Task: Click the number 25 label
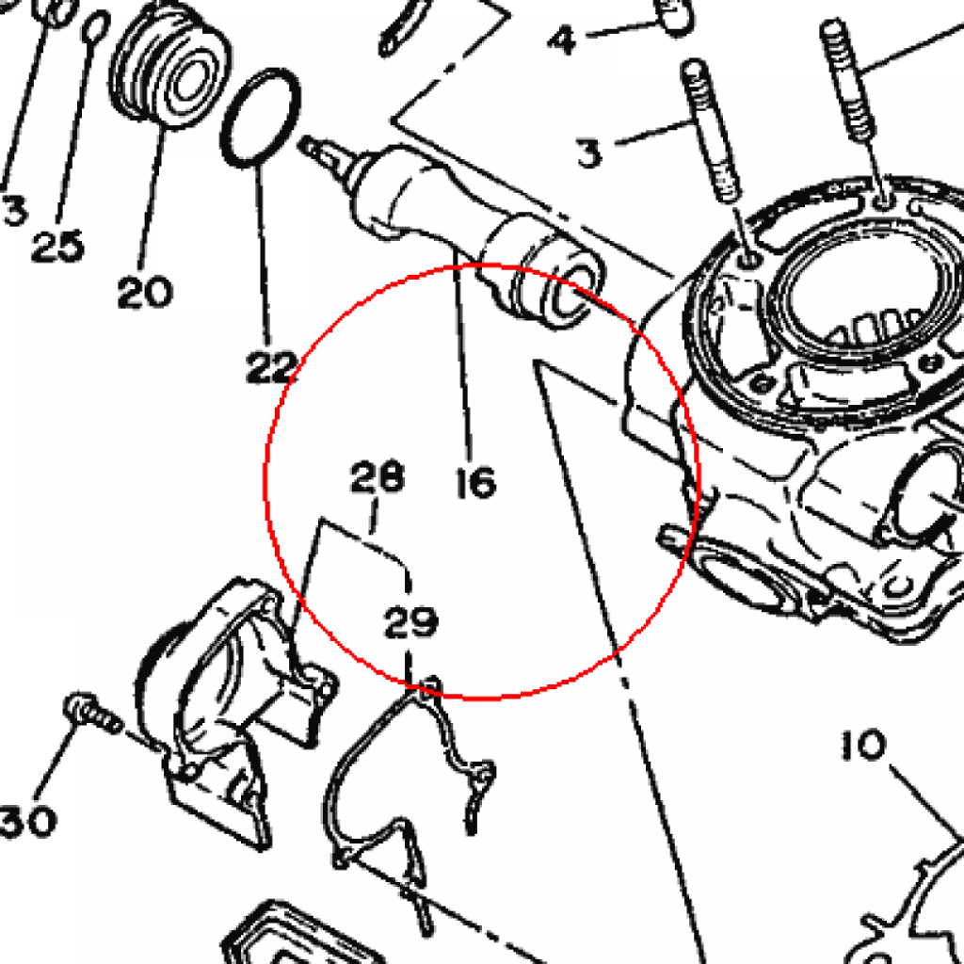click(57, 246)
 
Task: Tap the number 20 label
click(145, 292)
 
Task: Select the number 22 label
click(271, 368)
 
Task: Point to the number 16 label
click(475, 482)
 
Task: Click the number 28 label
click(378, 476)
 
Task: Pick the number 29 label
click(411, 621)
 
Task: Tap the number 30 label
click(28, 821)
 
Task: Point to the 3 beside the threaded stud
click(589, 153)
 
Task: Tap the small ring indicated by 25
click(95, 25)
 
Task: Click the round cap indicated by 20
click(170, 67)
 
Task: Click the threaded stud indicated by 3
click(711, 130)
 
